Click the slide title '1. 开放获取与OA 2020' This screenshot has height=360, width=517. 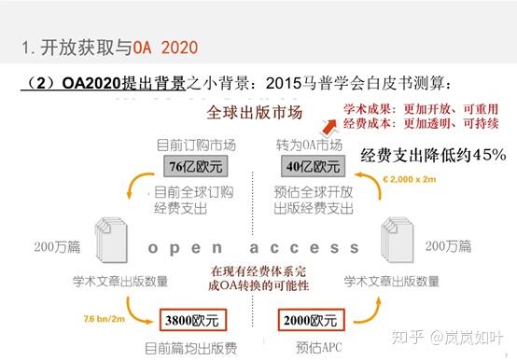[109, 46]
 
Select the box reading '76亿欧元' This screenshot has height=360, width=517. [194, 167]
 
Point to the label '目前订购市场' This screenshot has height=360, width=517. [195, 145]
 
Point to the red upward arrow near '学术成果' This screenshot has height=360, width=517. [328, 125]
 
